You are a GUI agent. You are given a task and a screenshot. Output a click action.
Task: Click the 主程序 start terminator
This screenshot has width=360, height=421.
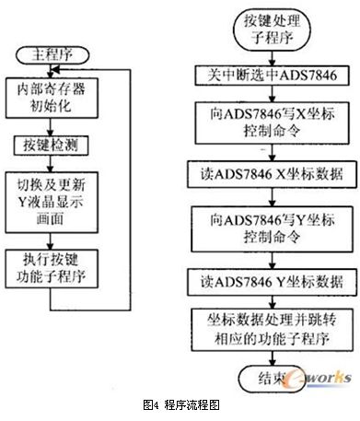click(52, 55)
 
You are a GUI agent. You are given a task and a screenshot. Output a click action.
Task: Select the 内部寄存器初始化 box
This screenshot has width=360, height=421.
click(52, 98)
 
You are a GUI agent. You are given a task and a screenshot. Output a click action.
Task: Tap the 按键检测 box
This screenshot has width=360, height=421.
click(51, 146)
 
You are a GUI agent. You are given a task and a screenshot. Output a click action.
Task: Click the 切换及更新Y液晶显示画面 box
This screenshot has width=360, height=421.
click(52, 202)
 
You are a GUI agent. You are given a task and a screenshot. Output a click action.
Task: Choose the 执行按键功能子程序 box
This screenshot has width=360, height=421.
click(52, 269)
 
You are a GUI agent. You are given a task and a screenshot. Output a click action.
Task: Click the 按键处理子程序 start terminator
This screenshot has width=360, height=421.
click(272, 29)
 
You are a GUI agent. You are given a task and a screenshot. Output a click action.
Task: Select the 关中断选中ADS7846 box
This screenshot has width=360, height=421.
click(272, 75)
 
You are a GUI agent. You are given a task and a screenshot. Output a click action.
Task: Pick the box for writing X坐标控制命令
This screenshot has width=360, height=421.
click(272, 123)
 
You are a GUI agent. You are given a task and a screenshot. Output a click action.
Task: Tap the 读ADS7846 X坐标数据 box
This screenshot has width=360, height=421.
click(273, 175)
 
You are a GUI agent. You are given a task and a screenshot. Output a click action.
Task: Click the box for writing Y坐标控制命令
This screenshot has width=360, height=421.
click(272, 229)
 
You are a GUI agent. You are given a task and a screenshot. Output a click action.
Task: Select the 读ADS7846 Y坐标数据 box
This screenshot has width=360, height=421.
click(273, 283)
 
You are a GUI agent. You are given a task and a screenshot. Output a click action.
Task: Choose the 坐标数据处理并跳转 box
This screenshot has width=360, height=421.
click(272, 330)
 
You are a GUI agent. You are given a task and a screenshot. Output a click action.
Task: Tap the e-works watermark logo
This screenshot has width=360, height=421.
click(318, 379)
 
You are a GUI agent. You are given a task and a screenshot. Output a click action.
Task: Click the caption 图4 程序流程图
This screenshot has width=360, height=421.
click(181, 405)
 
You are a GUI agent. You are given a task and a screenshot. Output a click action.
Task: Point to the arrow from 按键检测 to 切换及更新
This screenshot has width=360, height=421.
click(51, 163)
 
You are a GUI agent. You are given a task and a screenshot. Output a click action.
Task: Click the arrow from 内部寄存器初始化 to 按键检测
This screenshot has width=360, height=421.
click(51, 127)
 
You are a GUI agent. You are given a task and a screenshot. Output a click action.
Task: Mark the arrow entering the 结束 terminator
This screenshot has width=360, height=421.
click(272, 358)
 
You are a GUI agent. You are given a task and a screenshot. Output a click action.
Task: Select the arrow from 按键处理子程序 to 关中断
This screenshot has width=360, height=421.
click(272, 58)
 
